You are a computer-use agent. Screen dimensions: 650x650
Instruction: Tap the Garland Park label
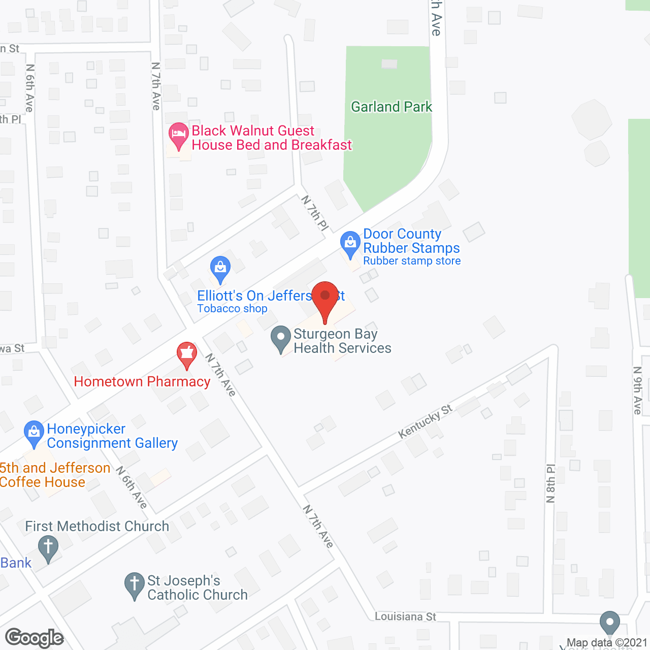(391, 107)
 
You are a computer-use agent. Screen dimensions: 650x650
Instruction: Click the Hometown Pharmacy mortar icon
(187, 353)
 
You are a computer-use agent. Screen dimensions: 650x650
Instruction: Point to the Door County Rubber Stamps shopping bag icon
(350, 243)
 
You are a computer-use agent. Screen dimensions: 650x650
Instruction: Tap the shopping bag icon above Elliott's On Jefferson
(220, 268)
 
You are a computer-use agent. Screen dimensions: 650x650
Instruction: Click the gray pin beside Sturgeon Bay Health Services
(281, 338)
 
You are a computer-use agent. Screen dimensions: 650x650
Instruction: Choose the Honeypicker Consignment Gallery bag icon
(34, 433)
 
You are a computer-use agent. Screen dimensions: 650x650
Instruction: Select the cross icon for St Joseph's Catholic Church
(135, 584)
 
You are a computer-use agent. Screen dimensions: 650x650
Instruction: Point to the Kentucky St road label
(425, 421)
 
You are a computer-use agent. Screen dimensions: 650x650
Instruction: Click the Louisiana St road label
(405, 616)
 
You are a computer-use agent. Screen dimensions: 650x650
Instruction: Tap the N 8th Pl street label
(551, 483)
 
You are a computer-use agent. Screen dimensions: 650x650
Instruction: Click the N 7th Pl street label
(315, 213)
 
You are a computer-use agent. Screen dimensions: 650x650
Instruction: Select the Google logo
(35, 638)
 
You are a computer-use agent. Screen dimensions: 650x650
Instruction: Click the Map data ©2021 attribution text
(607, 643)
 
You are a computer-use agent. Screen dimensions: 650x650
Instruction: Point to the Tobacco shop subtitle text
(232, 309)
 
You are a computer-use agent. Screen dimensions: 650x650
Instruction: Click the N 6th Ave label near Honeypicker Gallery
(132, 487)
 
